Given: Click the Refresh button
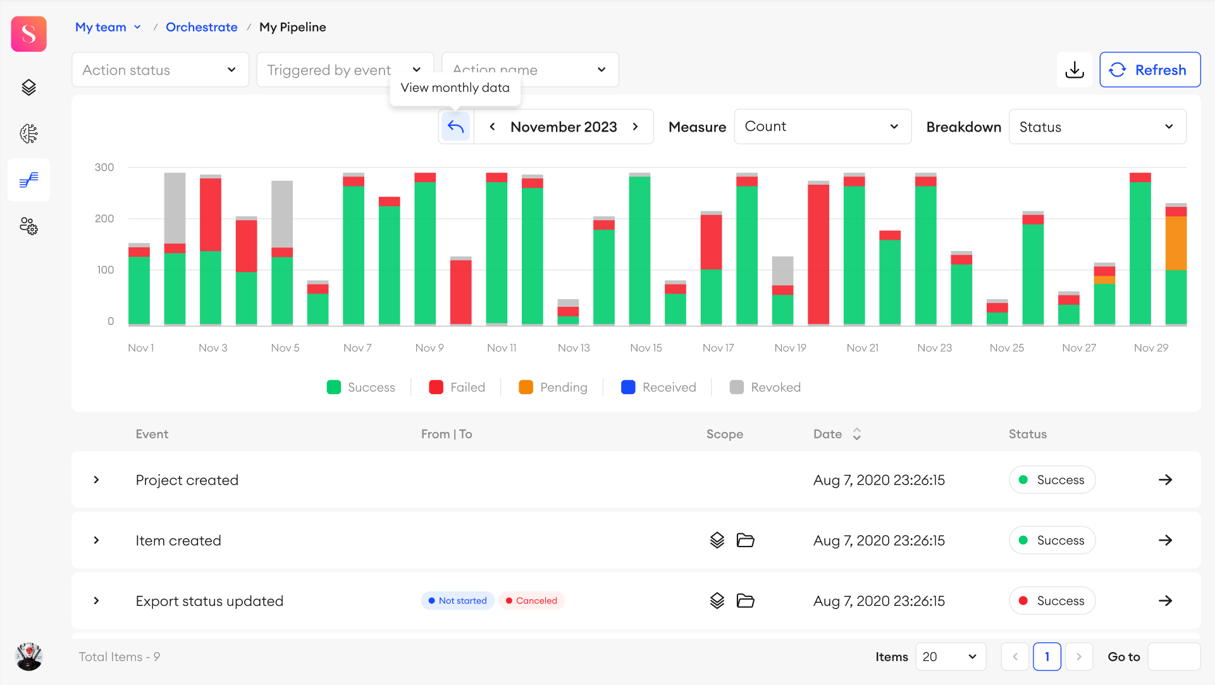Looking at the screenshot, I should [x=1149, y=70].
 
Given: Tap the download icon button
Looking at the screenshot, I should [x=1074, y=70].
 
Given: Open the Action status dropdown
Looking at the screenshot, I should [x=160, y=70].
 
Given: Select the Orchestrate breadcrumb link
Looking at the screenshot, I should [x=201, y=27].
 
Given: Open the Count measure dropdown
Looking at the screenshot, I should [x=822, y=127].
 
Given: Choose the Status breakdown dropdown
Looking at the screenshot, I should [x=1097, y=127].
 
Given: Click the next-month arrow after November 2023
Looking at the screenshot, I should [x=636, y=127].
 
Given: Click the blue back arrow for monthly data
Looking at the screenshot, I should [x=455, y=127].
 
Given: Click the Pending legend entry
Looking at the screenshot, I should [x=553, y=387].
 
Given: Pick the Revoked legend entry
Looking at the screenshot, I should [x=765, y=387].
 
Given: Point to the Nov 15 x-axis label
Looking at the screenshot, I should [x=646, y=348].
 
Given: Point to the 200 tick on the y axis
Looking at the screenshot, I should [x=104, y=219].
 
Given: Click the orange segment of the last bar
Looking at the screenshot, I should [x=1176, y=244].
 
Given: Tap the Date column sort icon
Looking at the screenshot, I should [x=856, y=434].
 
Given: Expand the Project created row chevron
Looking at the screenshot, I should [x=96, y=480].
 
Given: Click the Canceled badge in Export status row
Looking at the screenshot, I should [x=531, y=601].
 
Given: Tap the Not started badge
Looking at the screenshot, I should [x=457, y=601].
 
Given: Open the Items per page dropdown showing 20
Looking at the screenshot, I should [x=949, y=657].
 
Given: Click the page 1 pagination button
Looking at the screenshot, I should [x=1047, y=657].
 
